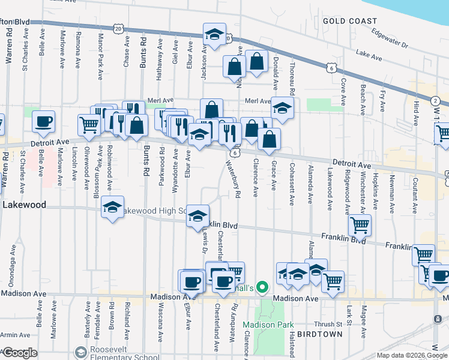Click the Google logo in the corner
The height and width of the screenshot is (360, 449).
19,353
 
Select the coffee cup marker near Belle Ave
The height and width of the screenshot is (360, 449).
43,122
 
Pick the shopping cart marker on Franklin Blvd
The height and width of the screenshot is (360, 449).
360,225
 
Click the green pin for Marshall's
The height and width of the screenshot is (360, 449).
261,288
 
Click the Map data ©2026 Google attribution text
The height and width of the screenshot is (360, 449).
411,355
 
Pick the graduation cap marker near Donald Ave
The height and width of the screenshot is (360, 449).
282,108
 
